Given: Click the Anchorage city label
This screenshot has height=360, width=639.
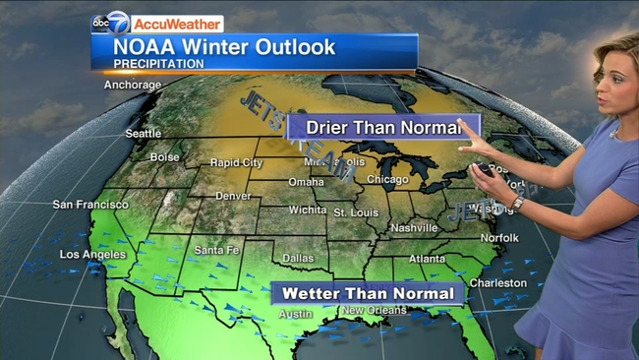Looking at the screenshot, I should (133, 85).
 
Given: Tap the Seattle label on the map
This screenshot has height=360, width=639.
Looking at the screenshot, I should (144, 134).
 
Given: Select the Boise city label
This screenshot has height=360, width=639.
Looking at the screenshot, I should (164, 157).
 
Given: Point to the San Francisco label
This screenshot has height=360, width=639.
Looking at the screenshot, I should (90, 205).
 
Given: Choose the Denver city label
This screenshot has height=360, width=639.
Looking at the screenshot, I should (233, 196).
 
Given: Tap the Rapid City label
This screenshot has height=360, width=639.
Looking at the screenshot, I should (237, 163).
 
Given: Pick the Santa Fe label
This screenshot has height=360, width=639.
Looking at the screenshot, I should (217, 251).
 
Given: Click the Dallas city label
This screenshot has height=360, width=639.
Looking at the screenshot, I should (298, 259).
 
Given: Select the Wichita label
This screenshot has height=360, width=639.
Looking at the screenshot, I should (308, 210).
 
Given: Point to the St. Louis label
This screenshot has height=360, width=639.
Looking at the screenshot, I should (355, 212).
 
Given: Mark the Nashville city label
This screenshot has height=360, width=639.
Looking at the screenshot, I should (413, 228).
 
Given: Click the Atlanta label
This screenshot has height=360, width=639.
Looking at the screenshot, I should (427, 260).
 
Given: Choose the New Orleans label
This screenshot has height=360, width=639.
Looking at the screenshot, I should (374, 312).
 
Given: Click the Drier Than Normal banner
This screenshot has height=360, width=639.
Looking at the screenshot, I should (382, 127).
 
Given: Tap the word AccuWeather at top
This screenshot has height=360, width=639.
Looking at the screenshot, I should (178, 23).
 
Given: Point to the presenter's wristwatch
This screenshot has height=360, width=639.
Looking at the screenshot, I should (517, 203).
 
